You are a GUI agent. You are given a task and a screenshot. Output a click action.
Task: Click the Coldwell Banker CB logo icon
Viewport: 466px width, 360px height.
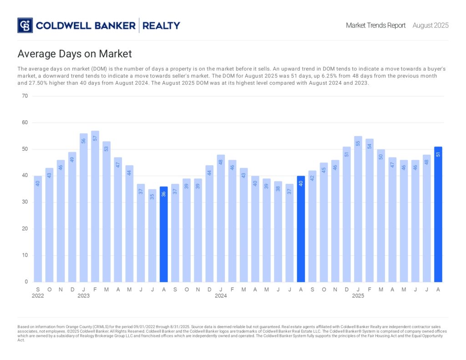pyautogui.click(x=25, y=25)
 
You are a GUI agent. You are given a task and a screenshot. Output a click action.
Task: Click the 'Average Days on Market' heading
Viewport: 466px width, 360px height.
pyautogui.click(x=75, y=54)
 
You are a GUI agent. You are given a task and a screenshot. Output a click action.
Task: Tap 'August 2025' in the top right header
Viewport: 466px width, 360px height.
pyautogui.click(x=431, y=25)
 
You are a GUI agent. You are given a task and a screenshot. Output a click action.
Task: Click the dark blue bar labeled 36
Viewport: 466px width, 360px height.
pyautogui.click(x=164, y=234)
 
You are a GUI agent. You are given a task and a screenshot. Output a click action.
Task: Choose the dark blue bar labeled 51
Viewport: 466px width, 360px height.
pyautogui.click(x=438, y=214)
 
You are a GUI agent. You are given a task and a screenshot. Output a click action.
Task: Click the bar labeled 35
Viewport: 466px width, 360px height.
pyautogui.click(x=152, y=235)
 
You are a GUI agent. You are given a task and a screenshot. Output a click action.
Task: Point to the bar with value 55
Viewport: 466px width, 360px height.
pyautogui.click(x=358, y=209)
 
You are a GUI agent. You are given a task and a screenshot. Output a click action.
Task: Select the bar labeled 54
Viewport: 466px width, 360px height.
pyautogui.click(x=370, y=210)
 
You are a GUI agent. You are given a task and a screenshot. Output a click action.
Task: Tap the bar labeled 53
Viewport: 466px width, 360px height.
pyautogui.click(x=106, y=212)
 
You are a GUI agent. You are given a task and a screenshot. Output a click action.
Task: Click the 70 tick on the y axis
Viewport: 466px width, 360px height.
pyautogui.click(x=25, y=96)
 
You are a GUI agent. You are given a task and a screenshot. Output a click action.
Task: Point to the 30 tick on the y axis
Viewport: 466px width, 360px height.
pyautogui.click(x=25, y=202)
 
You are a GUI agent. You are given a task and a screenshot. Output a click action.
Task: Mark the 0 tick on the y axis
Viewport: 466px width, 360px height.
pyautogui.click(x=26, y=282)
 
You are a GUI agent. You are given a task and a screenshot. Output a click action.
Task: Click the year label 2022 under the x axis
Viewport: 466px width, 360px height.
pyautogui.click(x=38, y=296)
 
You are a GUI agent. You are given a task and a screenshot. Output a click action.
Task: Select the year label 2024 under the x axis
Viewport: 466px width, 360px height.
pyautogui.click(x=221, y=296)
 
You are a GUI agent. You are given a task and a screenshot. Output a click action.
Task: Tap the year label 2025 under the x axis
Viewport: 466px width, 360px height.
pyautogui.click(x=358, y=296)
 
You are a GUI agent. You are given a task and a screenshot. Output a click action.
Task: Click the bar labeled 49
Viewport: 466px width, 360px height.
pyautogui.click(x=72, y=217)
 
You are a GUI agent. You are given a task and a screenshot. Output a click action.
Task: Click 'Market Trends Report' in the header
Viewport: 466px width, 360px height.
pyautogui.click(x=375, y=25)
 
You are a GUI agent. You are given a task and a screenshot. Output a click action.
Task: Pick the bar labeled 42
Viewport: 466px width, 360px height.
pyautogui.click(x=312, y=226)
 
